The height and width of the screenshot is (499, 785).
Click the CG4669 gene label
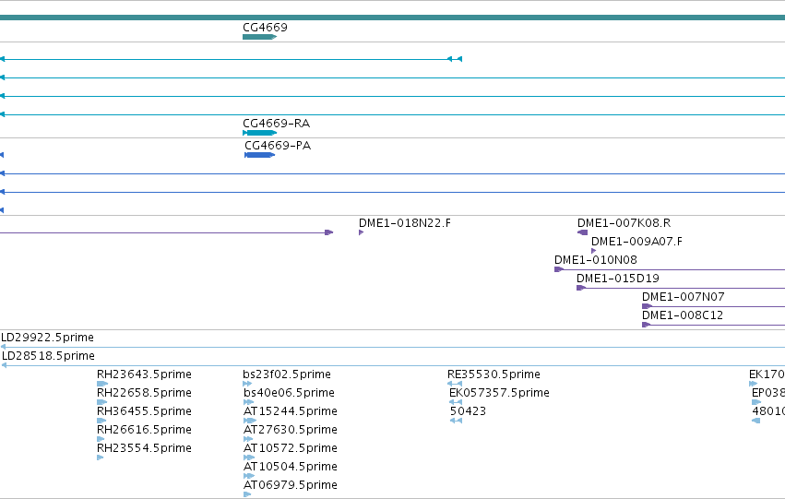point(265,28)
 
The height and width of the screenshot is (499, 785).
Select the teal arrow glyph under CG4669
point(260,37)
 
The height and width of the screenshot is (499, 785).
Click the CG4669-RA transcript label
point(277,123)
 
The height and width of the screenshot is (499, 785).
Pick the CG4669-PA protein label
point(278,145)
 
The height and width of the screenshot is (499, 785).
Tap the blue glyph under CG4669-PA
point(260,155)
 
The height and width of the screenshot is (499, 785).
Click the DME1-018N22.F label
point(405,222)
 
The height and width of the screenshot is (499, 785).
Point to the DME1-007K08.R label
point(624,222)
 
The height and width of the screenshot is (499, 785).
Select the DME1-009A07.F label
point(636,242)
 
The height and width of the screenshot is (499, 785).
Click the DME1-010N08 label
point(595,260)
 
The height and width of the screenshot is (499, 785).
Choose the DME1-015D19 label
point(618,279)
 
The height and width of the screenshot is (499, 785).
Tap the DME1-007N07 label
point(683,297)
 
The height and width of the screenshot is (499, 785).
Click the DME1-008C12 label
point(683,315)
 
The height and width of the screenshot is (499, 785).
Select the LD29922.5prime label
point(48,338)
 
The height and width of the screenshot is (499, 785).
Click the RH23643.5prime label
point(144,374)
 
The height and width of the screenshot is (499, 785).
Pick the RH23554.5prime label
point(144,448)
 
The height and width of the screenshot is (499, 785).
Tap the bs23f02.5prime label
point(287,374)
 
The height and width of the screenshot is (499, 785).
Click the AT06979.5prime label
point(291,485)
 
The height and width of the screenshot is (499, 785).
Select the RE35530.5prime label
point(494,374)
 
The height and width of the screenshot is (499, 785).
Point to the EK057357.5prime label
point(499,393)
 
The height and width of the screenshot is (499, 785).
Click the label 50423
point(468,411)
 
